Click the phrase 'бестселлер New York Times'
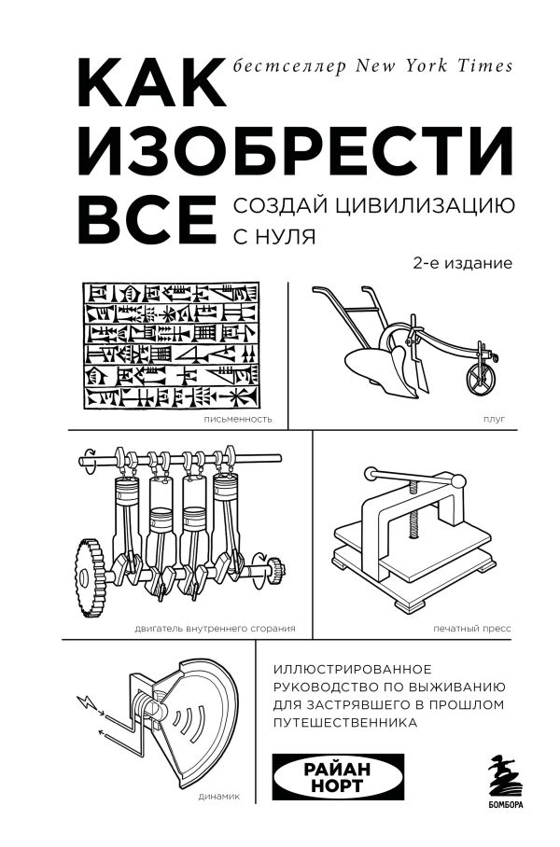tap(371, 65)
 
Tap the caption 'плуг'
tap(495, 420)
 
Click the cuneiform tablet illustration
tap(172, 345)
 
